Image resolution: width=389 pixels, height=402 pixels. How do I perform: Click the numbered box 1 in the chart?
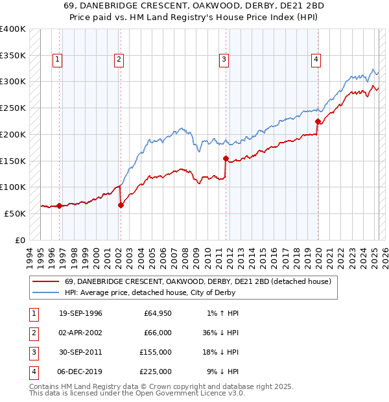[58, 60]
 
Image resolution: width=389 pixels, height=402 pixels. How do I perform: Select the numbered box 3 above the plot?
[224, 60]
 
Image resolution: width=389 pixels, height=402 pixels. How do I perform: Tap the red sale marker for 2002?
[121, 206]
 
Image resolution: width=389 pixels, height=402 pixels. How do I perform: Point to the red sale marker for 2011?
[226, 158]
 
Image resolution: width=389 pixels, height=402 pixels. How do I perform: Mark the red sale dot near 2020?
[318, 121]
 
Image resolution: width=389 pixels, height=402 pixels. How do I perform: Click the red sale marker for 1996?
[59, 206]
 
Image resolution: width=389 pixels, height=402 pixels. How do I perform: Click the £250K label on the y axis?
[13, 108]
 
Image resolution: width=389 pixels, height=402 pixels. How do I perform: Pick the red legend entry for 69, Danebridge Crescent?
[198, 281]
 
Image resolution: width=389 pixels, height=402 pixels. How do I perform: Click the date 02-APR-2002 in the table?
[80, 333]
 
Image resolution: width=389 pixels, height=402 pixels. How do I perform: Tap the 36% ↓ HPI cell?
[220, 333]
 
